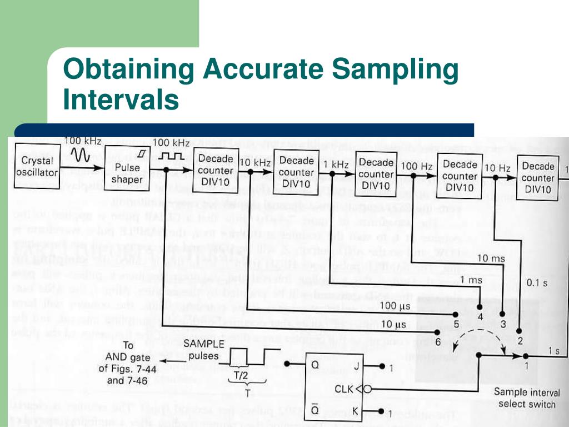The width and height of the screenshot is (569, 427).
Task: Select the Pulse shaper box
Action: (x=126, y=173)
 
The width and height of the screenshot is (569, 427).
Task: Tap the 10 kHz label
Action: (x=255, y=162)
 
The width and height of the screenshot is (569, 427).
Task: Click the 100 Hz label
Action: (x=417, y=166)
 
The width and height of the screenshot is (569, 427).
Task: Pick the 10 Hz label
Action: (x=498, y=168)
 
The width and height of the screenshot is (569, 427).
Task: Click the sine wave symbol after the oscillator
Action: (x=83, y=155)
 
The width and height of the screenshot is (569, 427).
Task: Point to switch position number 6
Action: (x=437, y=340)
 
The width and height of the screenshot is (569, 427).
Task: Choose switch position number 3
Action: (x=503, y=324)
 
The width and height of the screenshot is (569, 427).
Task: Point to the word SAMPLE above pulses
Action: (x=203, y=344)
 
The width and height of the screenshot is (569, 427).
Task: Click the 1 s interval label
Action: (x=553, y=351)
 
